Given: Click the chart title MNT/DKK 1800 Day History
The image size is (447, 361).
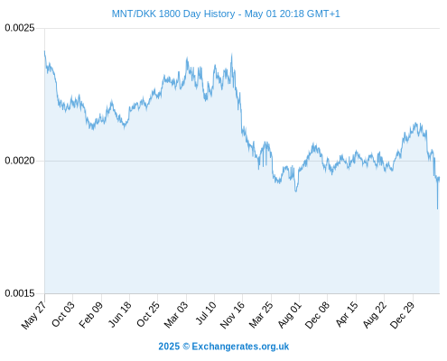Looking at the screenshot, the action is (173, 14).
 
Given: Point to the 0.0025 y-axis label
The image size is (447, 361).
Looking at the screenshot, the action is (20, 28).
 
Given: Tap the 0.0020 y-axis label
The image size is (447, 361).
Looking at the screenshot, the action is (20, 161).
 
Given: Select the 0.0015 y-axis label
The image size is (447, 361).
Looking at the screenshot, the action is (20, 293).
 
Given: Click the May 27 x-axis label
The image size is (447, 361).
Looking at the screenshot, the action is (34, 315).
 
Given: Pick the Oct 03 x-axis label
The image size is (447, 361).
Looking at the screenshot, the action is (63, 314).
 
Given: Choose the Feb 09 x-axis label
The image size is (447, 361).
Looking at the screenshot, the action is (91, 314).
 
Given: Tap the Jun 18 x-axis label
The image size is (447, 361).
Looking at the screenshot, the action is (120, 314).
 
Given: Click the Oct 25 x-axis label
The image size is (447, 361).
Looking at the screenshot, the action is (148, 314).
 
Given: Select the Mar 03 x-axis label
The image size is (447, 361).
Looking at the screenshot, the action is (176, 314).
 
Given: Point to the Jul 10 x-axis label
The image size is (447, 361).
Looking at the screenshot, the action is (206, 313).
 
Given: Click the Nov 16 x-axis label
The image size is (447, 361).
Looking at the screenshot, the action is (232, 315).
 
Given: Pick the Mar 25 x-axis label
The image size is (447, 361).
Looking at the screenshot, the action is (261, 314).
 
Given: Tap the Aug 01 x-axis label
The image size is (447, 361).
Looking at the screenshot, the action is (289, 314).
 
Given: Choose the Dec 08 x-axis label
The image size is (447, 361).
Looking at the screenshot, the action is (317, 315).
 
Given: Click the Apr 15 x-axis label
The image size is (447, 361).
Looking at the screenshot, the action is (347, 314).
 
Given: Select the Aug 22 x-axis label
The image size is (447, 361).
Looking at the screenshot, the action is (375, 314).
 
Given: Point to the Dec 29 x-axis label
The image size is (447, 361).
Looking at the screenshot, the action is (402, 315).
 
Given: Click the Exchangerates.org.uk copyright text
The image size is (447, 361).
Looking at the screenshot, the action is (240, 347).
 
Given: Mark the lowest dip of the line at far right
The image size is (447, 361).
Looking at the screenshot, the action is (437, 208).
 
